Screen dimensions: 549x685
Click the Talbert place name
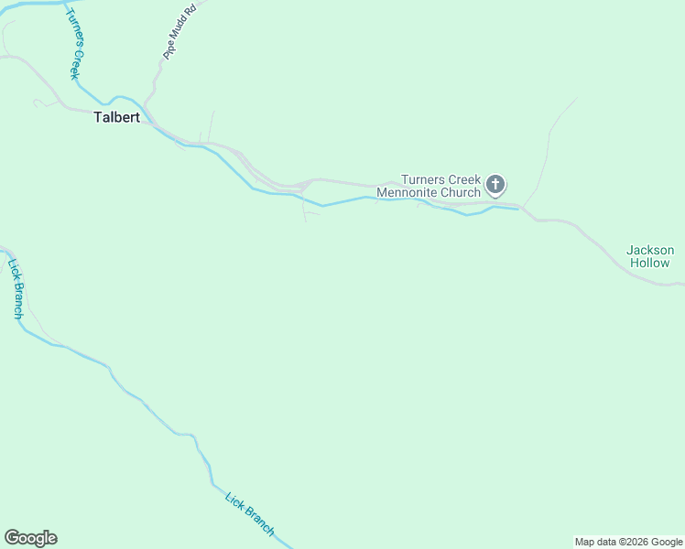116,117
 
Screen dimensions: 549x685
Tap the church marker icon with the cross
495,186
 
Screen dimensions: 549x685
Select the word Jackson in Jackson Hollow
650,250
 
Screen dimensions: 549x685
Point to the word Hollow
650,263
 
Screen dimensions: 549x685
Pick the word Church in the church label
462,193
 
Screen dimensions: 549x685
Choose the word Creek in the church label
464,180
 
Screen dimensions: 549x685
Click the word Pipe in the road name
169,52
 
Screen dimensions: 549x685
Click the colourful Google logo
30,538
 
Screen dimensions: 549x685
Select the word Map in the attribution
585,542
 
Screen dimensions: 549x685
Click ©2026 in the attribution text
635,542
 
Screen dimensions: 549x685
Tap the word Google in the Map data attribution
668,542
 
